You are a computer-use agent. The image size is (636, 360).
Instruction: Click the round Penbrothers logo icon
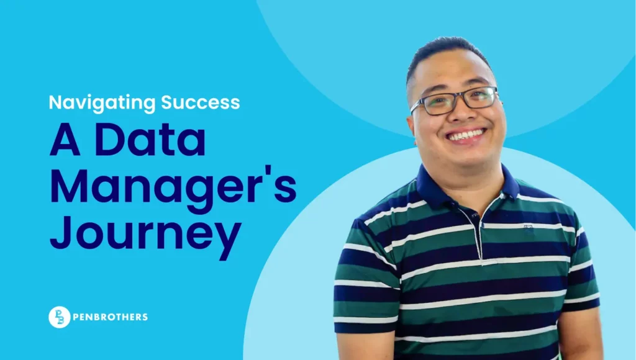coord(59,317)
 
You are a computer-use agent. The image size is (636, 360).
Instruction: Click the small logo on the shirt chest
coord(528,228)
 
